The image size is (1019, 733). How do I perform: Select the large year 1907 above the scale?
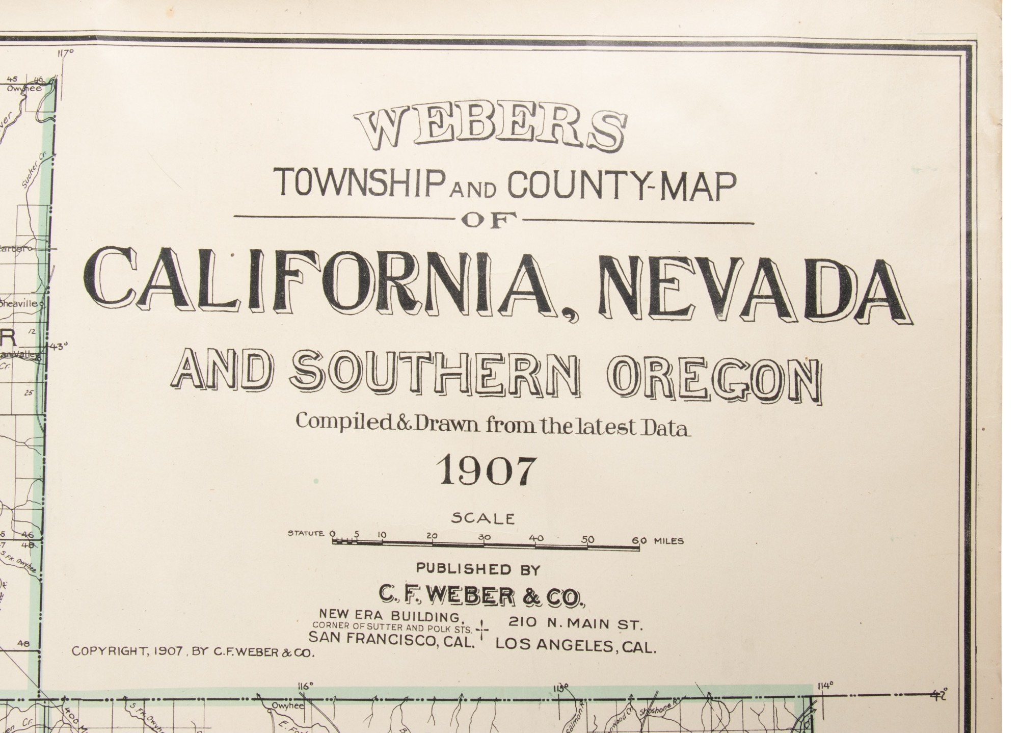click(x=487, y=470)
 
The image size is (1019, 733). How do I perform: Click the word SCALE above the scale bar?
click(x=483, y=519)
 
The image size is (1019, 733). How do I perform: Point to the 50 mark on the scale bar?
click(x=588, y=538)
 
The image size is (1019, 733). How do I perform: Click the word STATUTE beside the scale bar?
click(x=306, y=534)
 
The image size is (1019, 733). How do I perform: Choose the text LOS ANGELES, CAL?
click(x=576, y=646)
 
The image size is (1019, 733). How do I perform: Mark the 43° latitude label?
click(x=59, y=347)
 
